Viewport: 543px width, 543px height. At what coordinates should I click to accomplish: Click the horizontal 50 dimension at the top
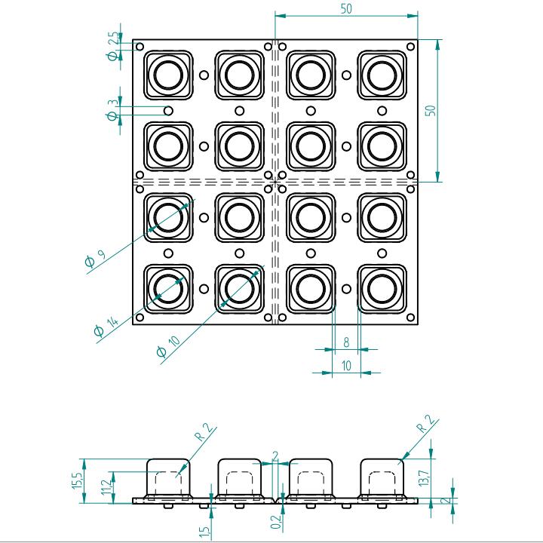coord(346,8)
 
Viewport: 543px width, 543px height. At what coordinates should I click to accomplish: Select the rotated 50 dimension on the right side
coord(431,110)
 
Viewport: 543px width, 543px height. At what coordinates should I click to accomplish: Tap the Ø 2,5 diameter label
coord(113,45)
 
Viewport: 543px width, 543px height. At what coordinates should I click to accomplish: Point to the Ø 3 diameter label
coord(112,110)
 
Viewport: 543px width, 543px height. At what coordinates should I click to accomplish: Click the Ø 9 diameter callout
coord(94,259)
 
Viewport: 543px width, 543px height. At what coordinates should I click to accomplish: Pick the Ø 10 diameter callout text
coord(167,346)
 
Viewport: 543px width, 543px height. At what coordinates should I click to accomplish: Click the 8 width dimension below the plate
coord(346,342)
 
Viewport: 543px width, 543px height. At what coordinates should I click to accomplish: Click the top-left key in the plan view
coord(167,75)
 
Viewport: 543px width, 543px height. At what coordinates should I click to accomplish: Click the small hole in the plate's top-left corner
coord(139,46)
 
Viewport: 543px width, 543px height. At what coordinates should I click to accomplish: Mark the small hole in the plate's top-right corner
coord(410,46)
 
